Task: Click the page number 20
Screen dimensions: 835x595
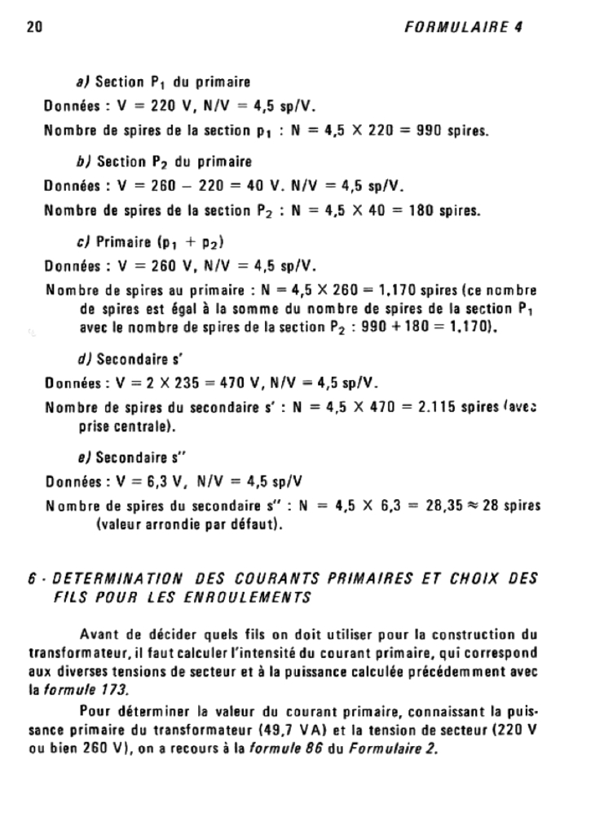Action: pos(33,26)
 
